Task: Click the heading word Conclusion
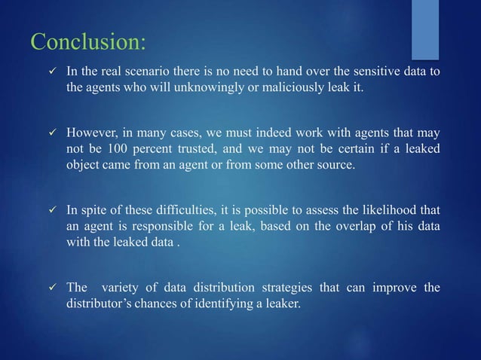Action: tap(87, 41)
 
